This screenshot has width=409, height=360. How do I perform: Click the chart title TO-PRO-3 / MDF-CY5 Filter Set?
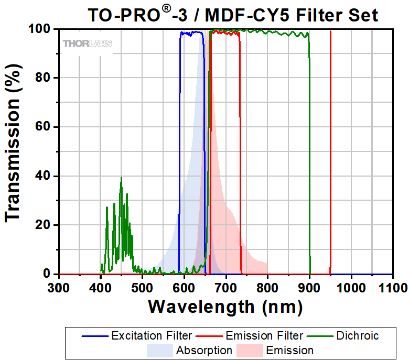232,15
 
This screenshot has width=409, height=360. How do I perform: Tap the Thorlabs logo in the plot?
87,43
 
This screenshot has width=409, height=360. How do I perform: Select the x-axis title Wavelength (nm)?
225,306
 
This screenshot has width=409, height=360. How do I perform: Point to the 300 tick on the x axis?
59,287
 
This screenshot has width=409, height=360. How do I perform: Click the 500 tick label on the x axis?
142,287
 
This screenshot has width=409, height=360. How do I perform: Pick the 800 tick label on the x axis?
267,287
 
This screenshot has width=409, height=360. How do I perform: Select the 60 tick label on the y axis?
46,127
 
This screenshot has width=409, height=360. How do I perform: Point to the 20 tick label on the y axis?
46,225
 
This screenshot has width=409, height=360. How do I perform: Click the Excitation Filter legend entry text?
152,335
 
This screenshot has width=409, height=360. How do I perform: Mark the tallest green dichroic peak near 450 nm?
121,178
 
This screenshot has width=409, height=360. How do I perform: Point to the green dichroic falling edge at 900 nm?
309,157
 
